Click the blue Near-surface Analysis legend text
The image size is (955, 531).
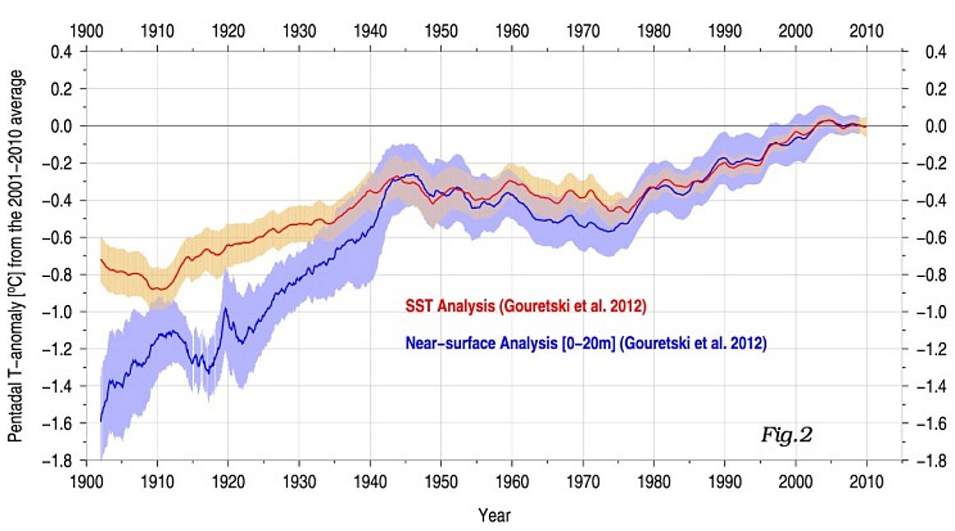click(585, 344)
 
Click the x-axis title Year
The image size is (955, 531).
click(494, 515)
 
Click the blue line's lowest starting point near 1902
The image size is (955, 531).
click(100, 421)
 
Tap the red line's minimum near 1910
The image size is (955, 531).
click(158, 289)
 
